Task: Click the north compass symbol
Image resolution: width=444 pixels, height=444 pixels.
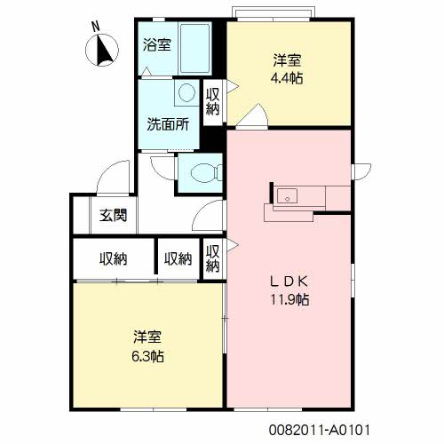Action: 102,50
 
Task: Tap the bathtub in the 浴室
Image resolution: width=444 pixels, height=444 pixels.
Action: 195,48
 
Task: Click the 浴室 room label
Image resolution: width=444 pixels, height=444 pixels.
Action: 157,45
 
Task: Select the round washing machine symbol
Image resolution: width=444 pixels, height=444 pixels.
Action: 186,92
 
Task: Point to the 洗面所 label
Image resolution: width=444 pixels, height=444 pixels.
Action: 168,124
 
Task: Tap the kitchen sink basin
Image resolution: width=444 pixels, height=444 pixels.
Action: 287,196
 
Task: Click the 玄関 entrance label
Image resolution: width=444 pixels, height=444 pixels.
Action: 113,215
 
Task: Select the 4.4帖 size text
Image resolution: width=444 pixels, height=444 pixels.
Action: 287,78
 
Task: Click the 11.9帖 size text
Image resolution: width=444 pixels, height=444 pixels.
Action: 289,300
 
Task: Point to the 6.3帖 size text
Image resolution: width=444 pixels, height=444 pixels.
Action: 147,356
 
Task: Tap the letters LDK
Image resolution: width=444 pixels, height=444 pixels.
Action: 289,281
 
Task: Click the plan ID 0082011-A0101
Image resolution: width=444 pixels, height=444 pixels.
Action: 320,430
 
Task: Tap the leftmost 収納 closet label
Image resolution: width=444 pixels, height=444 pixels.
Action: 113,259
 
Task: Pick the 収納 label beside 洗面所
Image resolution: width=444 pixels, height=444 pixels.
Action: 213,101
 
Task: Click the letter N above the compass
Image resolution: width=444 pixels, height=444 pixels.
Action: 96,28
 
